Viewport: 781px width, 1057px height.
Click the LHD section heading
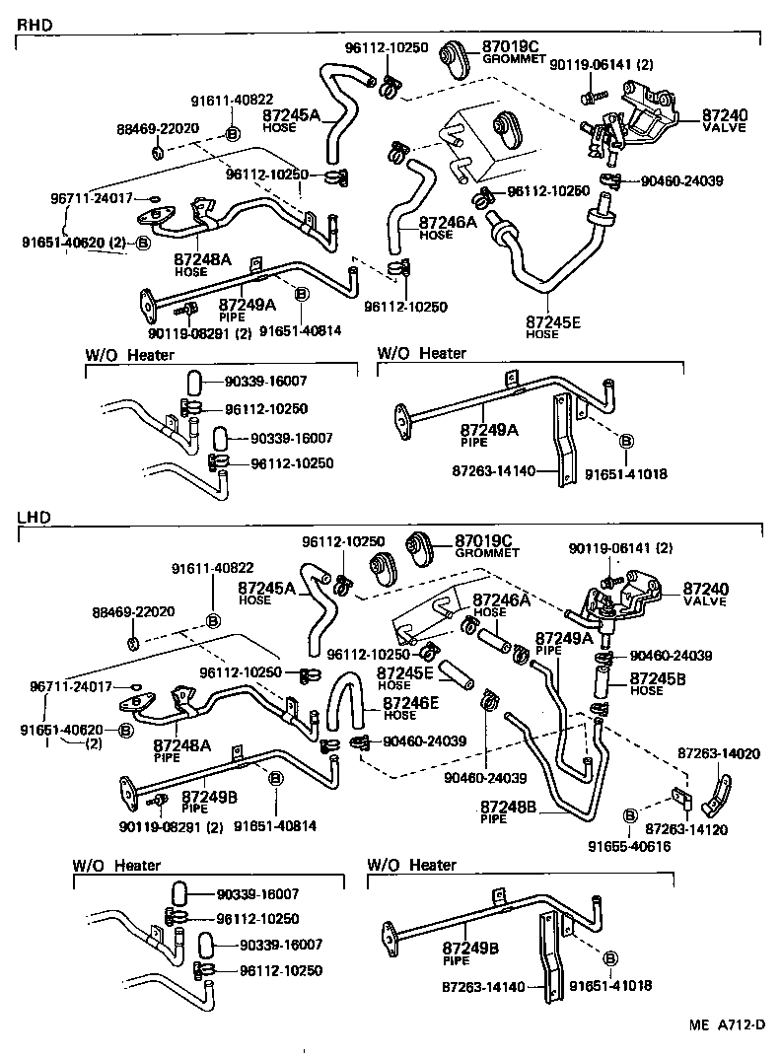[35, 517]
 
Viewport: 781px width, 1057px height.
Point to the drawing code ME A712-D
[726, 1025]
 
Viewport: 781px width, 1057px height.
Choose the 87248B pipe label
[508, 811]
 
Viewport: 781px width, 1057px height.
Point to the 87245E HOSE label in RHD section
[553, 326]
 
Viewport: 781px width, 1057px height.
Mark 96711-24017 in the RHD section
[91, 197]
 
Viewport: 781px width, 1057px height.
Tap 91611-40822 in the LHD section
[213, 568]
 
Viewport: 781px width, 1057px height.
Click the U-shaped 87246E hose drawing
[344, 705]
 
